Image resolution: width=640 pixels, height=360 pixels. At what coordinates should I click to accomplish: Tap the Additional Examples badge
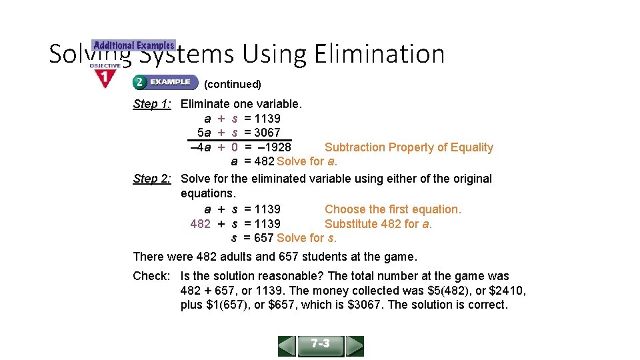click(x=134, y=45)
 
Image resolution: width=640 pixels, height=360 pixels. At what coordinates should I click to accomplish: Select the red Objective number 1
click(x=105, y=78)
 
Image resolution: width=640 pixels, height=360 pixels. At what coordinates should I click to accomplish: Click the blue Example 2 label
click(x=165, y=83)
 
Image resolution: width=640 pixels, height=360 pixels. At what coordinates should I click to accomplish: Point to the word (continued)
click(x=233, y=84)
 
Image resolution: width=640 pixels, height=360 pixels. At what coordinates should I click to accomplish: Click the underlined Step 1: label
click(x=153, y=104)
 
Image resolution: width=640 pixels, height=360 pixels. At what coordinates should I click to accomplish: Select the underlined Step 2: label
click(x=153, y=179)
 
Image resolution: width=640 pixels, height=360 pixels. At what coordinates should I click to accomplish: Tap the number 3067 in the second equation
click(x=267, y=133)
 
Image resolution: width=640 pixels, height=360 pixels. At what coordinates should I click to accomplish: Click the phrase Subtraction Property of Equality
click(x=409, y=147)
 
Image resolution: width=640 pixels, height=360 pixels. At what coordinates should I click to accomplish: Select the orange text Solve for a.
click(x=307, y=161)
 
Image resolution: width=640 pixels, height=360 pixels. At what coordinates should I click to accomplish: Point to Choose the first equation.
click(x=393, y=209)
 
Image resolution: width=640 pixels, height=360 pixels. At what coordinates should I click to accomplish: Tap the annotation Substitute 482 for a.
click(x=378, y=224)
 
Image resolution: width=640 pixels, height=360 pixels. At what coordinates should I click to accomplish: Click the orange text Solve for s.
click(x=307, y=238)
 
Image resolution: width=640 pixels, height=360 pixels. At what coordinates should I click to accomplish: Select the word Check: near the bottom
click(x=152, y=276)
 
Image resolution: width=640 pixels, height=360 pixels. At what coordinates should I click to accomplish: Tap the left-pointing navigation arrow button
click(x=287, y=346)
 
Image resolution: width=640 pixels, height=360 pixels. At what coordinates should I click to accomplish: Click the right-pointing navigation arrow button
click(x=355, y=346)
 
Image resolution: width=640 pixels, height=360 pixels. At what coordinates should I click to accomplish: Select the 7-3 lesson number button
click(x=321, y=345)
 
